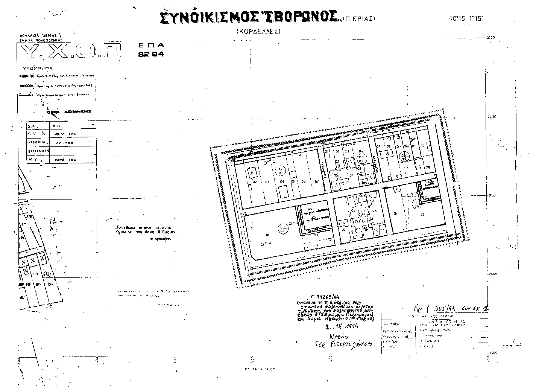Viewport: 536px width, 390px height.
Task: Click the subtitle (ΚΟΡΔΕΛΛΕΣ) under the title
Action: coord(259,32)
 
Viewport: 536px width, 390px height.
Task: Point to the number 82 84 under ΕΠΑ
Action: coord(151,54)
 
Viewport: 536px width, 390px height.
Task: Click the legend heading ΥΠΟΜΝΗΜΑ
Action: coord(38,69)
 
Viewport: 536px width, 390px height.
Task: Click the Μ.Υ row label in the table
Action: coord(33,160)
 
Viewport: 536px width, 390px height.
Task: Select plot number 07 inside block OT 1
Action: coord(317,181)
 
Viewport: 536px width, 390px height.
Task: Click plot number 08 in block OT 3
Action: coord(427,168)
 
